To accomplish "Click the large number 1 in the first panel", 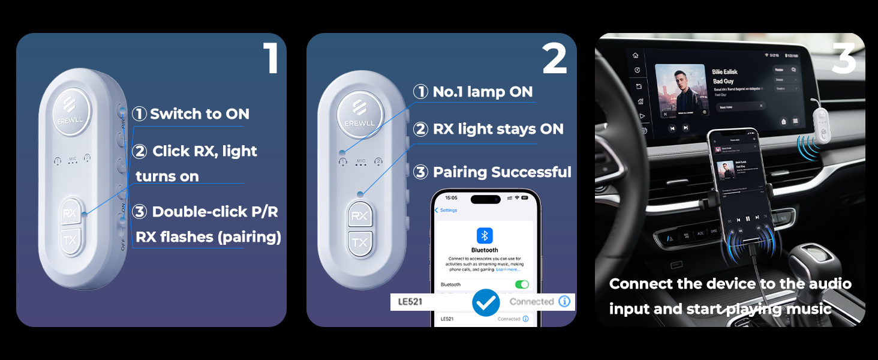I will pos(271,58).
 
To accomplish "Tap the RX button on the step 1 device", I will pos(71,214).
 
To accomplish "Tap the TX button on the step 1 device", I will pos(71,241).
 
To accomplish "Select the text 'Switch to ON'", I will pos(199,114).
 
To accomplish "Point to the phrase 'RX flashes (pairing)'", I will pos(208,237).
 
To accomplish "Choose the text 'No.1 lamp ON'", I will pos(482,92).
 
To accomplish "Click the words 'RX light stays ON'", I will pos(498,129).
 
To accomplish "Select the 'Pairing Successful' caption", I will pos(501,172).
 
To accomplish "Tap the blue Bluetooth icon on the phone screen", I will pos(485,235).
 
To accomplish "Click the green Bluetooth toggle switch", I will pos(522,284).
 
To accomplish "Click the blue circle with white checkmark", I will pos(486,302).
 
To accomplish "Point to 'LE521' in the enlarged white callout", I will pos(410,302).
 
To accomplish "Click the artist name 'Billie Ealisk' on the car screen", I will pos(724,72).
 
